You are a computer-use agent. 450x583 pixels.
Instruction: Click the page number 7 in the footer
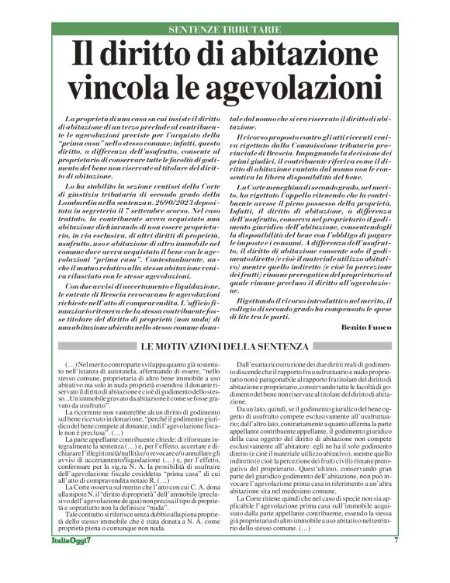396,561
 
